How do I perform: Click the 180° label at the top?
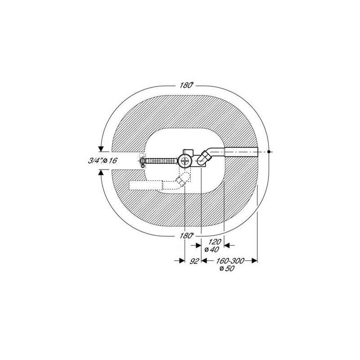(x=186, y=85)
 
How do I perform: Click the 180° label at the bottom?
(x=186, y=236)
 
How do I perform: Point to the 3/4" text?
(x=95, y=161)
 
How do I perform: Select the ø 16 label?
(x=110, y=161)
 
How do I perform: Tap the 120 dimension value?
(x=215, y=242)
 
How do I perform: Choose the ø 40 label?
(x=211, y=249)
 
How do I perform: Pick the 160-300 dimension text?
(x=230, y=261)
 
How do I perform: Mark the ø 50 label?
(x=227, y=268)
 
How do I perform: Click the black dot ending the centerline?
(x=269, y=152)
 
